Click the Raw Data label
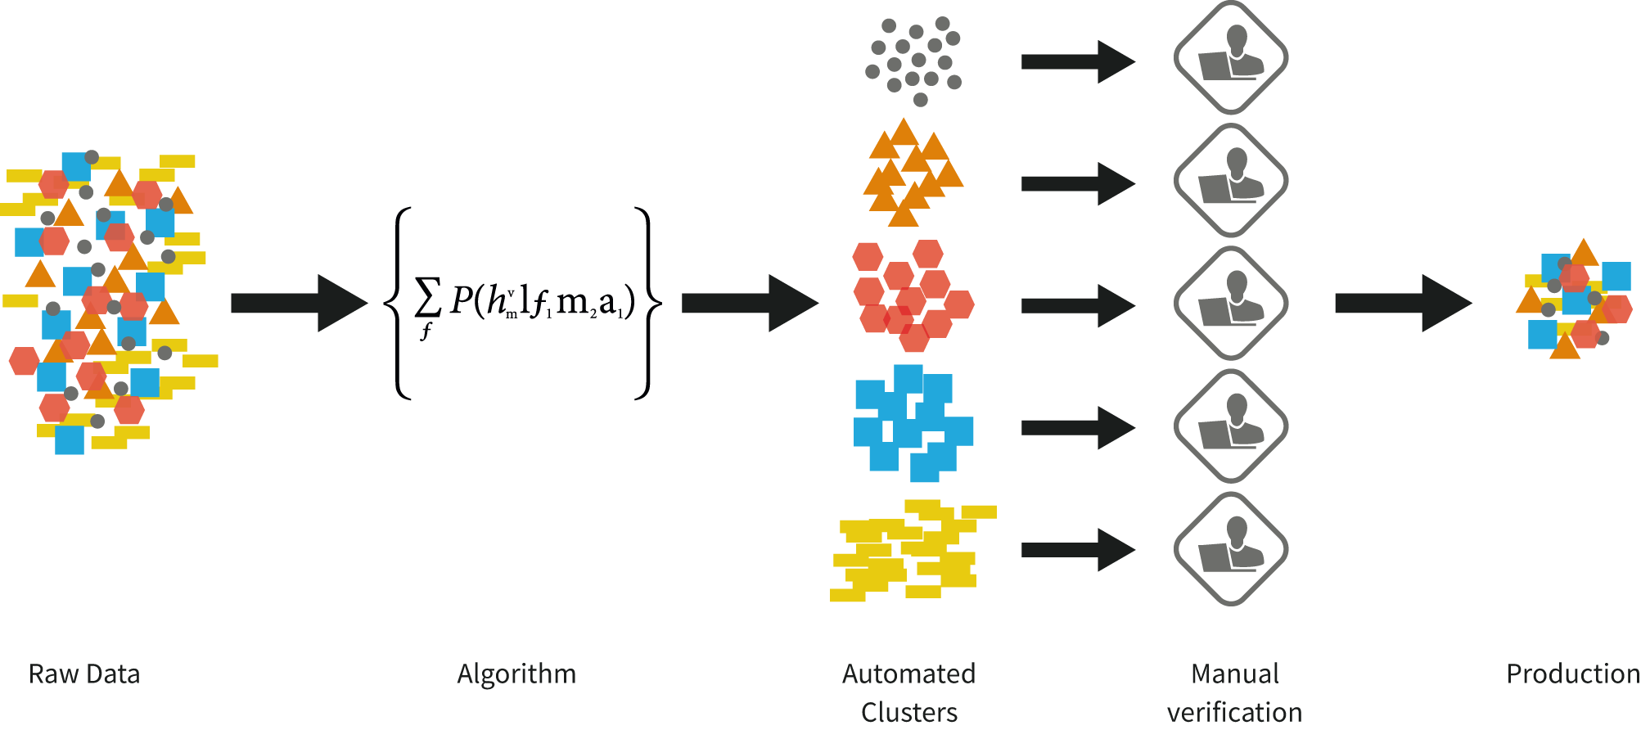(84, 674)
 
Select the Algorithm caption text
(516, 674)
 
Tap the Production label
(1571, 674)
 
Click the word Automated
(908, 674)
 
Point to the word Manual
(1234, 674)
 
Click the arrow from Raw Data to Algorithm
(299, 304)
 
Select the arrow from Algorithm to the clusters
(750, 304)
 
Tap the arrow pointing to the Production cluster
(1403, 304)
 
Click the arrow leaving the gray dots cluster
(1078, 62)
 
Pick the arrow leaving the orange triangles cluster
(1078, 183)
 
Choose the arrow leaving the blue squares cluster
(1078, 427)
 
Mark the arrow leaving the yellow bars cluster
(1078, 550)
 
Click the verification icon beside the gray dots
(1231, 58)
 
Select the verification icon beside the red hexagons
(1231, 304)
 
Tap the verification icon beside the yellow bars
(1231, 549)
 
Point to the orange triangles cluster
(911, 173)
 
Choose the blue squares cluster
(913, 423)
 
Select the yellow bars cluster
(913, 551)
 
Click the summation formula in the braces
(524, 303)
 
